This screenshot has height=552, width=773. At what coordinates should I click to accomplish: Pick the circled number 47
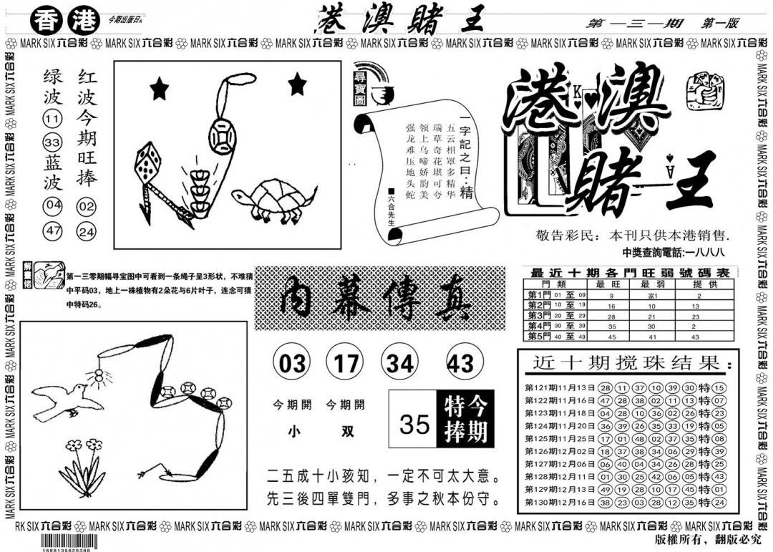[52, 231]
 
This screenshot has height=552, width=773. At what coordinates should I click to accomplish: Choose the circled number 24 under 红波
[87, 231]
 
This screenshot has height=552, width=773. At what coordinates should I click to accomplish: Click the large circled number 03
[291, 364]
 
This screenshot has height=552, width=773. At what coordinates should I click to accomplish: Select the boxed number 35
[415, 423]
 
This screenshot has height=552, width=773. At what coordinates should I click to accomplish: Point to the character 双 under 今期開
[346, 432]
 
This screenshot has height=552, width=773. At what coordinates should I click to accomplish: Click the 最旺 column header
[611, 284]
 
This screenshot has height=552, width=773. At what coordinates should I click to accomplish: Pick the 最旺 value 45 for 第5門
[611, 336]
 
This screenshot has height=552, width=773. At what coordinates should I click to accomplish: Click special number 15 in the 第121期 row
[719, 387]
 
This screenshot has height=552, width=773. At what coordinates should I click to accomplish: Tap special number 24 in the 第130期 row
[719, 503]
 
